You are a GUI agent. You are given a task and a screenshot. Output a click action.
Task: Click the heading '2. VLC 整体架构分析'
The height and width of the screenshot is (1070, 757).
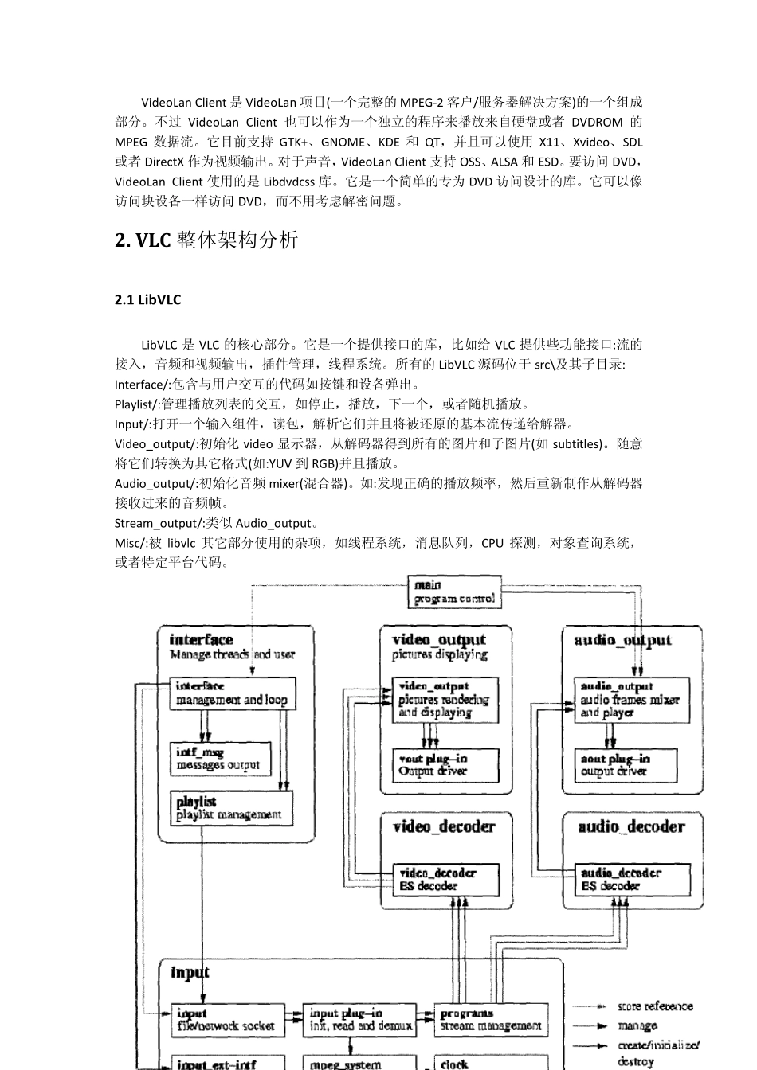pyautogui.click(x=206, y=240)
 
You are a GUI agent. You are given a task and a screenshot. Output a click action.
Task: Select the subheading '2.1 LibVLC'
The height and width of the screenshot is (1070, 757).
pyautogui.click(x=148, y=300)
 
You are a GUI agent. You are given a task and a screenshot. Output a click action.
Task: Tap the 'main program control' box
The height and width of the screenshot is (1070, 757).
pyautogui.click(x=454, y=592)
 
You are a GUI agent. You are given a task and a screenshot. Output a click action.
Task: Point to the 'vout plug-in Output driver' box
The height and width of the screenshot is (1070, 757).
pyautogui.click(x=445, y=765)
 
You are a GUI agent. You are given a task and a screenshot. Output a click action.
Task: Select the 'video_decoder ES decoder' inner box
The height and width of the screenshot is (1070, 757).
pyautogui.click(x=445, y=880)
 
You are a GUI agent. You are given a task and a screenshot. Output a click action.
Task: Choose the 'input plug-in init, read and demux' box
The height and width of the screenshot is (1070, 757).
pyautogui.click(x=361, y=1020)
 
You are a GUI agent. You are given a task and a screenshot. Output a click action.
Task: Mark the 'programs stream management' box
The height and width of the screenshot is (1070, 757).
pyautogui.click(x=491, y=1020)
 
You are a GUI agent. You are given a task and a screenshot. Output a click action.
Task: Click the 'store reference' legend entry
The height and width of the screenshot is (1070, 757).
pyautogui.click(x=655, y=1006)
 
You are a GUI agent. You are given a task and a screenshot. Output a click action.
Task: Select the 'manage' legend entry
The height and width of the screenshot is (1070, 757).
pyautogui.click(x=637, y=1026)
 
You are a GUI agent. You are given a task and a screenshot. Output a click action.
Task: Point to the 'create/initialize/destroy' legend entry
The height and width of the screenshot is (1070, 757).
pyautogui.click(x=658, y=1052)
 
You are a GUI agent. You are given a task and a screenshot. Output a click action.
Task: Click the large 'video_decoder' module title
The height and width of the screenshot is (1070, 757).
pyautogui.click(x=444, y=827)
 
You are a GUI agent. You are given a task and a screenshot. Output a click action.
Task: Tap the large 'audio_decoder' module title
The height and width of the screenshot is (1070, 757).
pyautogui.click(x=631, y=827)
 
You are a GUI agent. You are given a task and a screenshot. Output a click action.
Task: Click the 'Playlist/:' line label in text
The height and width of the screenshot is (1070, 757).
pyautogui.click(x=137, y=404)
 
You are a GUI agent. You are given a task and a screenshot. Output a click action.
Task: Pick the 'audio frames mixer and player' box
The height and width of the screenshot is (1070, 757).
pyautogui.click(x=632, y=700)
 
